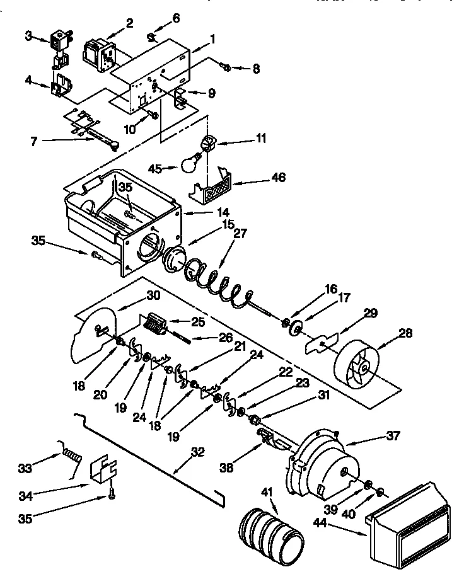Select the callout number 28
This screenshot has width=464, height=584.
coord(405,334)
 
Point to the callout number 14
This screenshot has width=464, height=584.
coord(206,212)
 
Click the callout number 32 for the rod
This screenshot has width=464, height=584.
coord(198,452)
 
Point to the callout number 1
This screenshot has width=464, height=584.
coord(212,38)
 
